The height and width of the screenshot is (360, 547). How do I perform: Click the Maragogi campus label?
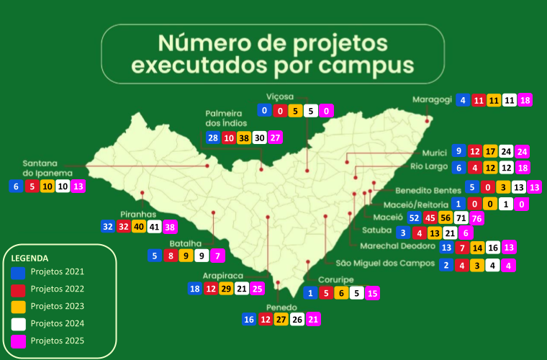coord(432,99)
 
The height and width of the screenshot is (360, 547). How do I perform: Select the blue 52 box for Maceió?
coord(414,217)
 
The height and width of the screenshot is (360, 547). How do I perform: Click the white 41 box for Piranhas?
coord(155,226)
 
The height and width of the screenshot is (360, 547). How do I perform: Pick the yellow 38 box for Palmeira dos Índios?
coord(244,138)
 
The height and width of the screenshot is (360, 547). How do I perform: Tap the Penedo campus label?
coord(281,307)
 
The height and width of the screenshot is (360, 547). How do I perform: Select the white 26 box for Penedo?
coord(297,319)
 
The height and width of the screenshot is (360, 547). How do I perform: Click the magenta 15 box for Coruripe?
coord(372,293)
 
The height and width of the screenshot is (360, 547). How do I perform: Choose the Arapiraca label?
coord(222,276)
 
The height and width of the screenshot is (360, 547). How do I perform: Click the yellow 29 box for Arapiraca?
coord(226,289)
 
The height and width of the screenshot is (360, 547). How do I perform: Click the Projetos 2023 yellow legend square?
coord(19,306)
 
